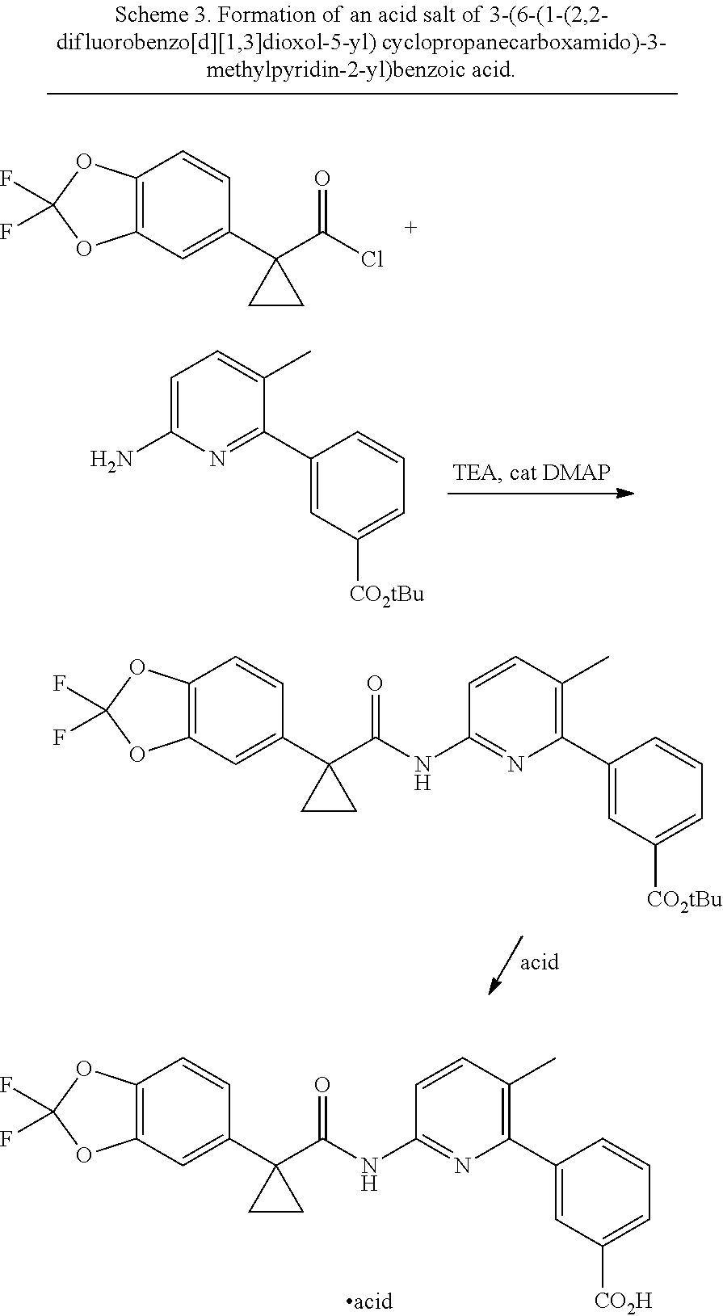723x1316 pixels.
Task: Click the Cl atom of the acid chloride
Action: tap(372, 259)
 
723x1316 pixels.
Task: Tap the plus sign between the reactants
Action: tap(410, 227)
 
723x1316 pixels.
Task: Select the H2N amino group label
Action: tap(111, 460)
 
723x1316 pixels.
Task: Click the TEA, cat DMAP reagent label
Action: tap(532, 473)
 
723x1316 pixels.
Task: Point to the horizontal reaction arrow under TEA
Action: tap(541, 494)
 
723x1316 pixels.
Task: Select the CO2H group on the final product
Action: tap(623, 1301)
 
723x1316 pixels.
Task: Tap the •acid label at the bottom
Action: tap(369, 1301)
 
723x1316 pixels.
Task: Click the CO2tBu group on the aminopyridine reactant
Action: tap(387, 595)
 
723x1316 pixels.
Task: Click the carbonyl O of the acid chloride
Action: tap(322, 179)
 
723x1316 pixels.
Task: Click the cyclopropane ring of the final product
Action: tap(276, 1195)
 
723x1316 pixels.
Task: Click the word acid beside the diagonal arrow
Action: tap(540, 962)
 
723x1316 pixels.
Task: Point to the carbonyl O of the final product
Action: tap(322, 1084)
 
